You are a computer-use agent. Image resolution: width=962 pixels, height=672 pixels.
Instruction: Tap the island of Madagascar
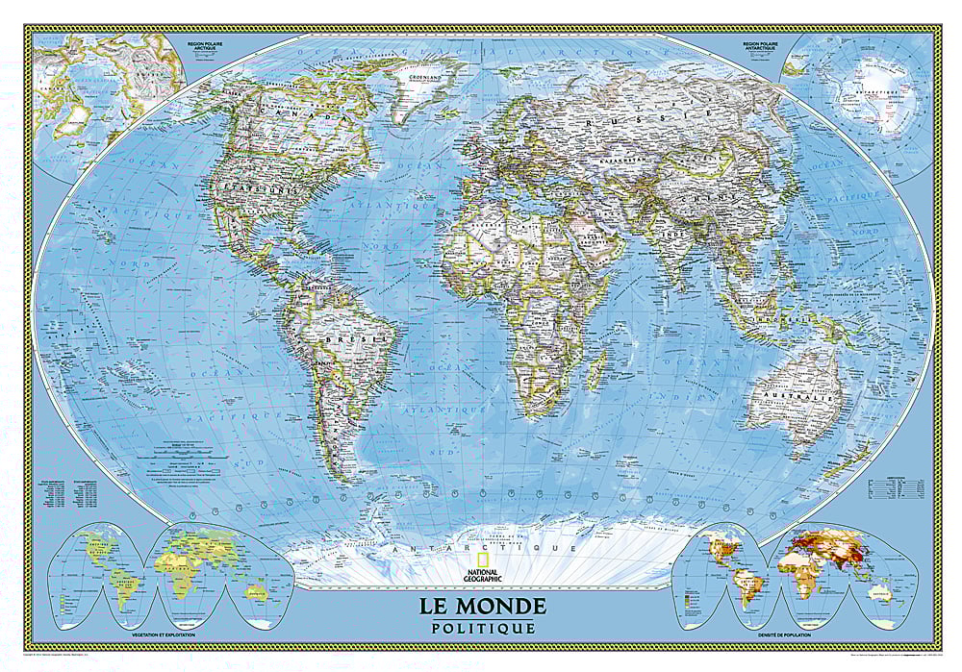point(596,367)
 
